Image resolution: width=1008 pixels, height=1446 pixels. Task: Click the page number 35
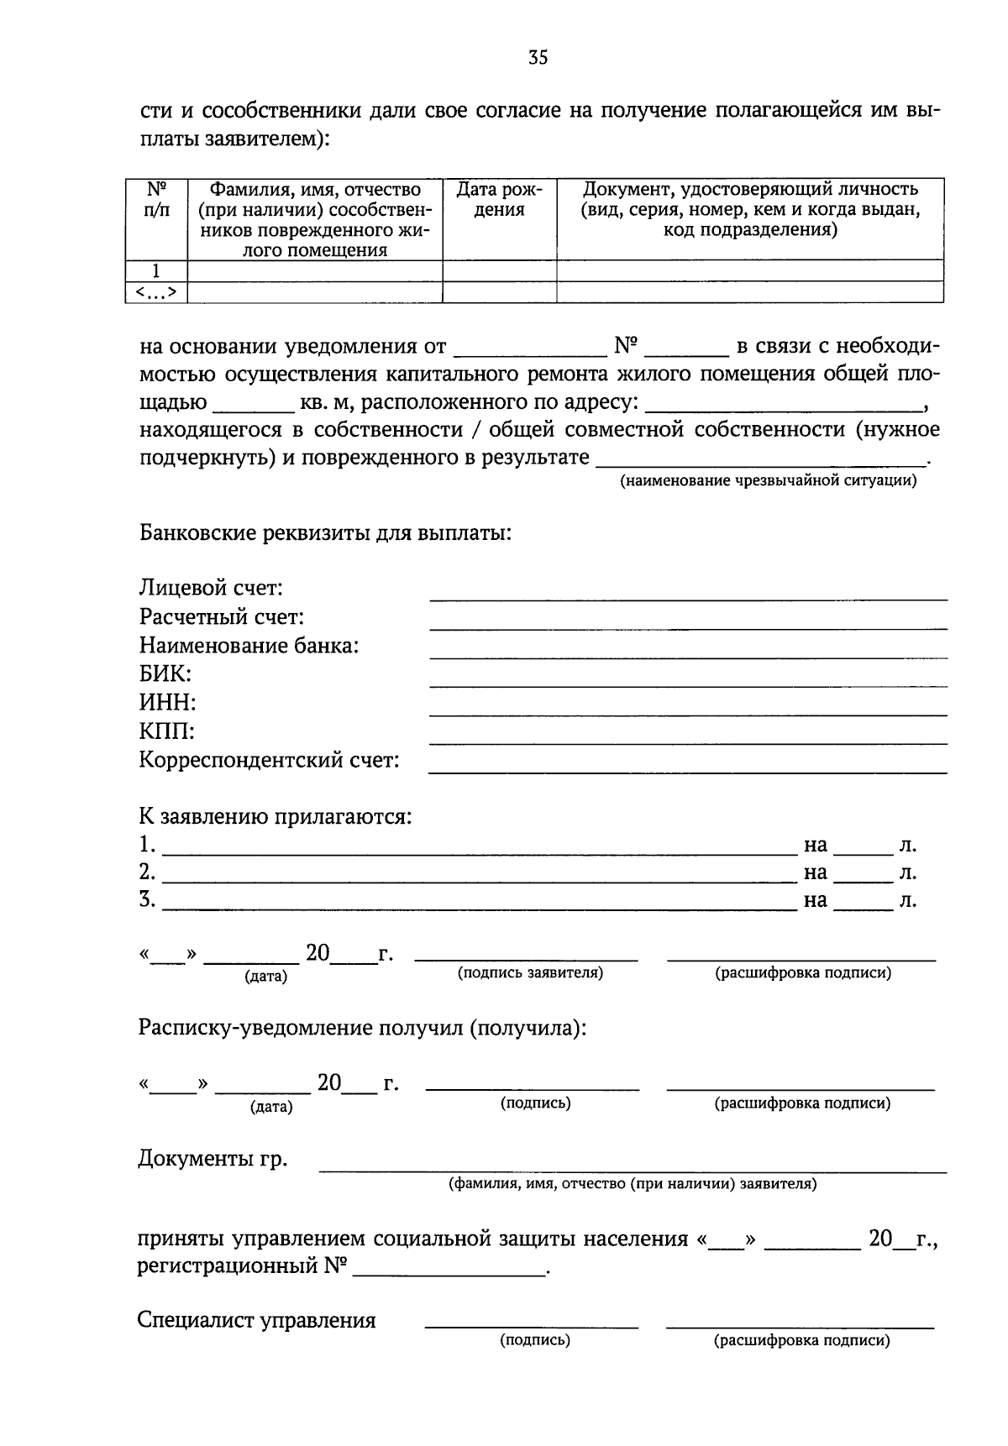click(x=538, y=57)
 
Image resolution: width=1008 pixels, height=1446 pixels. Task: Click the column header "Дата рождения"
click(x=499, y=200)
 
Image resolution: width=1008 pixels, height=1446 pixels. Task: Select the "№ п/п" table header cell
click(x=156, y=200)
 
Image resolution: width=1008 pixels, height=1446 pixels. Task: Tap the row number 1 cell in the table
click(x=156, y=270)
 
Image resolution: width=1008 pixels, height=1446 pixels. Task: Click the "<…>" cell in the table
click(x=156, y=292)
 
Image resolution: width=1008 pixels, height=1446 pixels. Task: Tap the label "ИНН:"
click(x=167, y=702)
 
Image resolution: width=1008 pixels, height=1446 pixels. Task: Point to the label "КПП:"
click(x=166, y=731)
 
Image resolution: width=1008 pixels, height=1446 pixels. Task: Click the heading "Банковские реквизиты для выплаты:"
click(x=325, y=533)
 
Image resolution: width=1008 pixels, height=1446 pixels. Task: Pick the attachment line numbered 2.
click(x=479, y=880)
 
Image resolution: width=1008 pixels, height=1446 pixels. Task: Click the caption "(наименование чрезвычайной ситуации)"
click(x=768, y=481)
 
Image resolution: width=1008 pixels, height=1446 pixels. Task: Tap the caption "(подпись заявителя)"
click(x=530, y=973)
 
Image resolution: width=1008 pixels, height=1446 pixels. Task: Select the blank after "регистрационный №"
click(x=449, y=1273)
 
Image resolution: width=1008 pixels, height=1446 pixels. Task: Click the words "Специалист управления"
click(x=256, y=1320)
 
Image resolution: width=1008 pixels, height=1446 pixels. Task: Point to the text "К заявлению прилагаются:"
click(x=276, y=816)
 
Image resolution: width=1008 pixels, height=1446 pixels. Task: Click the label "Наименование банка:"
click(x=249, y=646)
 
